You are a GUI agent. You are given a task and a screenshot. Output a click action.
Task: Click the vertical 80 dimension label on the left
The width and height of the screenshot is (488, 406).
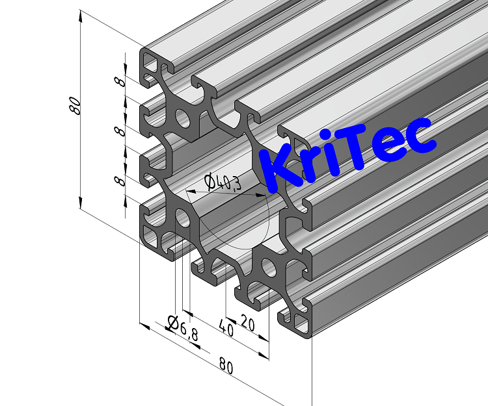pos(75,106)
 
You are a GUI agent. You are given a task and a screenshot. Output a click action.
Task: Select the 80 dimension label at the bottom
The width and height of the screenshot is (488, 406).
pos(226,366)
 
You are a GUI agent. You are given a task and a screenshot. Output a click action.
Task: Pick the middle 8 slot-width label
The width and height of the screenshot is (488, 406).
pos(120,131)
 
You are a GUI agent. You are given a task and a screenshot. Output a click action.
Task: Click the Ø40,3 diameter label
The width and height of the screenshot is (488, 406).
pos(222,183)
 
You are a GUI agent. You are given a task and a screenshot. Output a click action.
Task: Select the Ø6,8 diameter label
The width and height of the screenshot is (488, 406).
pos(182,327)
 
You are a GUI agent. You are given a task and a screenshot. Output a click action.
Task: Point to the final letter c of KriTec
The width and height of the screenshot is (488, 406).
pos(420,136)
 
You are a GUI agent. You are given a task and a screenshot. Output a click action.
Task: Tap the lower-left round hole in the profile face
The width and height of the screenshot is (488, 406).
pos(183,218)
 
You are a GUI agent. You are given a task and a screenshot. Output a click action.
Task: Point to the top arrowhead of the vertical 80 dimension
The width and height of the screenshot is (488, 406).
pos(81,14)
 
